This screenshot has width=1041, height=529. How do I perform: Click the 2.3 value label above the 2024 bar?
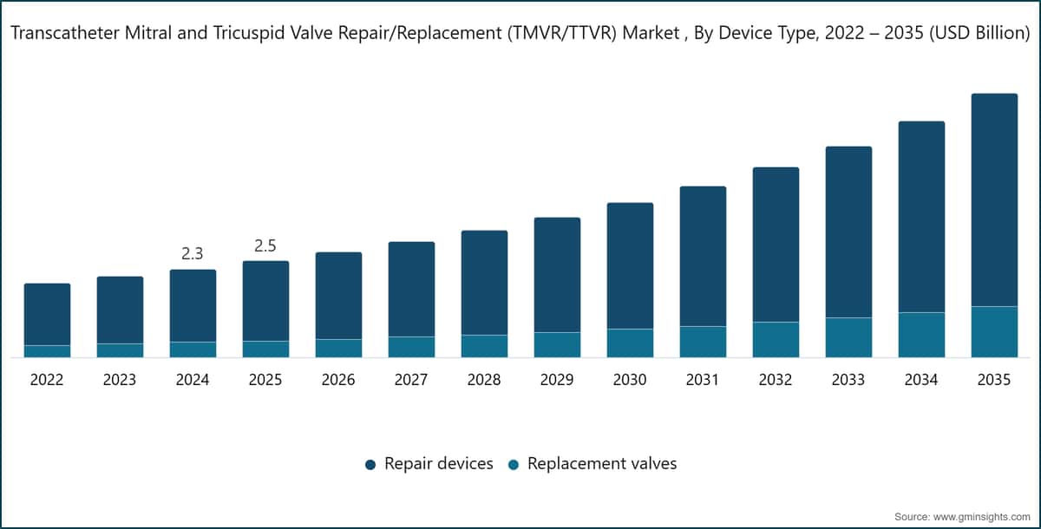coord(193,253)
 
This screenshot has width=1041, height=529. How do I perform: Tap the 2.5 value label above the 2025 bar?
coord(265,245)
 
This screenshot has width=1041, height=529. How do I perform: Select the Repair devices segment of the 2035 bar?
coord(994,199)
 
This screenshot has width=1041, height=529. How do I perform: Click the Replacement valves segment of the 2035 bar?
coord(994,331)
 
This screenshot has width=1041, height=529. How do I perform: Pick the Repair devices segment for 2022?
coord(48,315)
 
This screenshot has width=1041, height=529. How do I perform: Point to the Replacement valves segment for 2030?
coord(630,343)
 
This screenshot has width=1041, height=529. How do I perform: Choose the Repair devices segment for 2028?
coord(484,283)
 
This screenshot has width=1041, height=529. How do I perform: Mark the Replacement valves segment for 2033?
coord(848,337)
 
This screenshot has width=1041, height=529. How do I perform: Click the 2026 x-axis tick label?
coord(338,380)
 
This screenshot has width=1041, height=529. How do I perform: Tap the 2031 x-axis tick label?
coord(702,380)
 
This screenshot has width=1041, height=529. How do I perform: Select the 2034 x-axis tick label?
coord(921,380)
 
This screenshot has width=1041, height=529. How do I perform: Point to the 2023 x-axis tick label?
coord(120,380)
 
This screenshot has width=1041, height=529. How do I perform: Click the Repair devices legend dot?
coord(370,465)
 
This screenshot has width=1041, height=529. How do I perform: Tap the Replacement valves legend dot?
coord(514,465)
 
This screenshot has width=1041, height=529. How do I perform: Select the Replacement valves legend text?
coord(602,463)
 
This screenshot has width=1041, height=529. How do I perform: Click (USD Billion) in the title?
coord(979,33)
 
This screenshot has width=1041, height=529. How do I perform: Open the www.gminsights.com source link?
coord(982,517)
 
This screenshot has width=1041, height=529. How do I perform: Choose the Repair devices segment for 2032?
coord(776,245)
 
